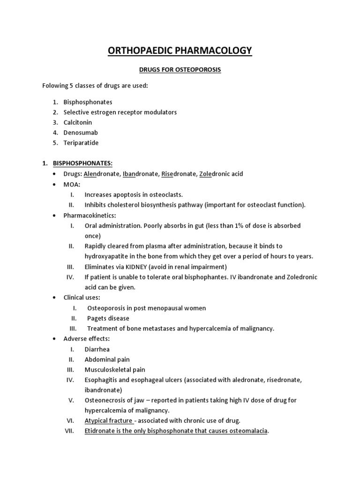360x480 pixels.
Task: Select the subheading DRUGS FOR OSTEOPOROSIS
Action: pos(180,70)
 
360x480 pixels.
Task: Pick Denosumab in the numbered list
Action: pos(81,133)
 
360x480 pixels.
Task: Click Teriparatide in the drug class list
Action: pos(81,143)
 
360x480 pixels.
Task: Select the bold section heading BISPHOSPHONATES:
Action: pos(82,163)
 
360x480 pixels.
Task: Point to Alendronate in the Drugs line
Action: pos(102,174)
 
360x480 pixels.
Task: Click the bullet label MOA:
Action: pos(72,184)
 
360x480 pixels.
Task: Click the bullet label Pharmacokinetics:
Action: pos(90,215)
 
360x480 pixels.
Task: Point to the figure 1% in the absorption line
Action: pos(248,225)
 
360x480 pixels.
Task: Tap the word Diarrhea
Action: pos(97,349)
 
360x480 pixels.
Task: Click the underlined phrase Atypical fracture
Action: pos(108,420)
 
